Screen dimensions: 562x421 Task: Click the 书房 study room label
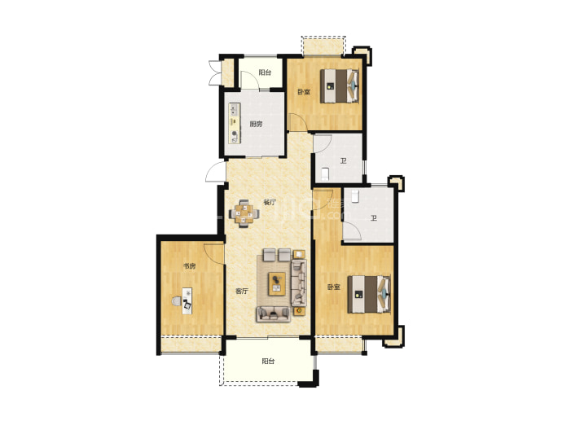[189, 266]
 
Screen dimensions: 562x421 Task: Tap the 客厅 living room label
[242, 292]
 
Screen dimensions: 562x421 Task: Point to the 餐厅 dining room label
[270, 202]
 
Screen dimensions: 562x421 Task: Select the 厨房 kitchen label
[256, 125]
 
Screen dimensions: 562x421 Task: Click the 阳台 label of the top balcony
[265, 72]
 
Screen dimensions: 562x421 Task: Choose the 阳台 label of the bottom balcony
[268, 362]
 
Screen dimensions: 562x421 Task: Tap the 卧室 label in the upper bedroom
[304, 92]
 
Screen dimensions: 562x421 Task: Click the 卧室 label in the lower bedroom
[333, 287]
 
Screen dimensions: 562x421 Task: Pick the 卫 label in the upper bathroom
[344, 161]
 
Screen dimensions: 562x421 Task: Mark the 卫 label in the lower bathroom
[374, 217]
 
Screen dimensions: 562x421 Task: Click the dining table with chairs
[244, 213]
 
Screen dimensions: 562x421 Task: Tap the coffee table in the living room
[277, 283]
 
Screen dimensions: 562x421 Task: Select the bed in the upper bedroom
[340, 86]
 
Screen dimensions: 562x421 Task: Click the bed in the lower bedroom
[369, 294]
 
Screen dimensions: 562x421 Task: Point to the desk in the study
[187, 301]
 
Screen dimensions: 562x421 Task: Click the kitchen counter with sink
[235, 123]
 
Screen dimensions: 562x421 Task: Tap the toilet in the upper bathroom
[325, 173]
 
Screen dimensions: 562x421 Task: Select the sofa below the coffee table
[273, 314]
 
